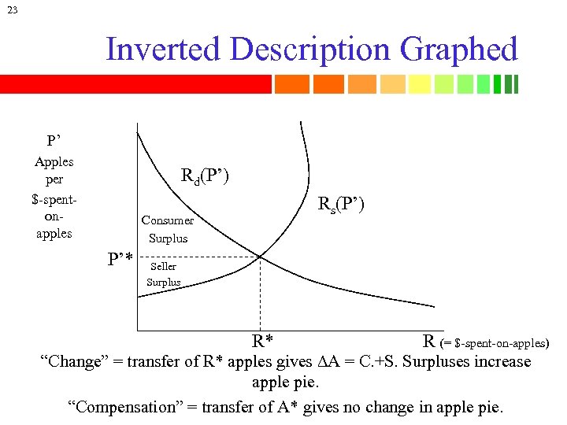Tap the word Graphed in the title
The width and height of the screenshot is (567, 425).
(x=459, y=50)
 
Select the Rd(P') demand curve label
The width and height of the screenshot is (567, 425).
(x=205, y=176)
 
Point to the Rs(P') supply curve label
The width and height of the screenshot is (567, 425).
(x=340, y=205)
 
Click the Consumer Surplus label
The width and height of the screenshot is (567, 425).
(x=168, y=229)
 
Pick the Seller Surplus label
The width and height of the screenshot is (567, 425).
(x=164, y=274)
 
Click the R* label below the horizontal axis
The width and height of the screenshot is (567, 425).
(x=262, y=342)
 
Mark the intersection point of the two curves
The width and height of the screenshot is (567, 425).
(x=260, y=256)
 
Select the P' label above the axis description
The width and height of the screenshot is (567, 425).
(x=54, y=141)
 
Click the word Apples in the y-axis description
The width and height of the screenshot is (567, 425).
(x=54, y=161)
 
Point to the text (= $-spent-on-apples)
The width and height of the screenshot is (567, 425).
(x=495, y=343)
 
